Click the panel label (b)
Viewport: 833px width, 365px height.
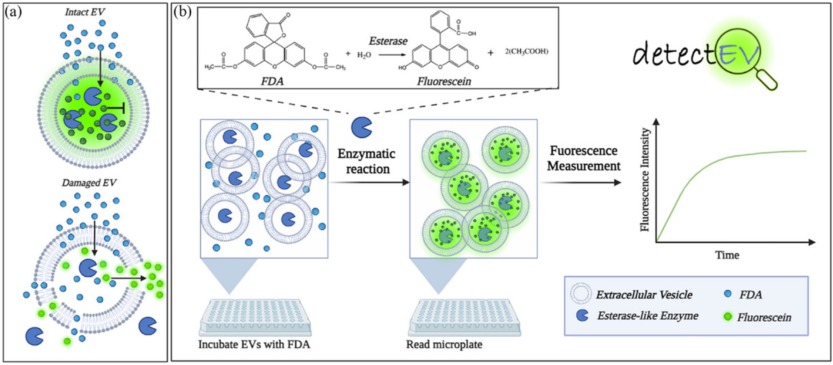(x=182, y=12)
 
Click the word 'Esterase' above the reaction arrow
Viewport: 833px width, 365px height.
(x=388, y=41)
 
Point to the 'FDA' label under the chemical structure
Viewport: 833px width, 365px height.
(x=272, y=81)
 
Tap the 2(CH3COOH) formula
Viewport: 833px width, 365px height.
(x=527, y=51)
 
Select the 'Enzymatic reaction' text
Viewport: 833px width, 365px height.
(x=367, y=161)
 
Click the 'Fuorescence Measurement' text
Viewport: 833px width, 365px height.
(x=584, y=158)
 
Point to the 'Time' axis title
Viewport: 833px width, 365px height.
(x=727, y=255)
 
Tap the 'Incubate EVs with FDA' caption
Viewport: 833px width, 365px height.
(x=254, y=344)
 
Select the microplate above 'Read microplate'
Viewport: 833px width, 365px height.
(x=465, y=317)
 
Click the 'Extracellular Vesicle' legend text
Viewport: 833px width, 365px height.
(x=644, y=295)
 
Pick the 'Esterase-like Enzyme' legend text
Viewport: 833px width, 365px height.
(x=648, y=316)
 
